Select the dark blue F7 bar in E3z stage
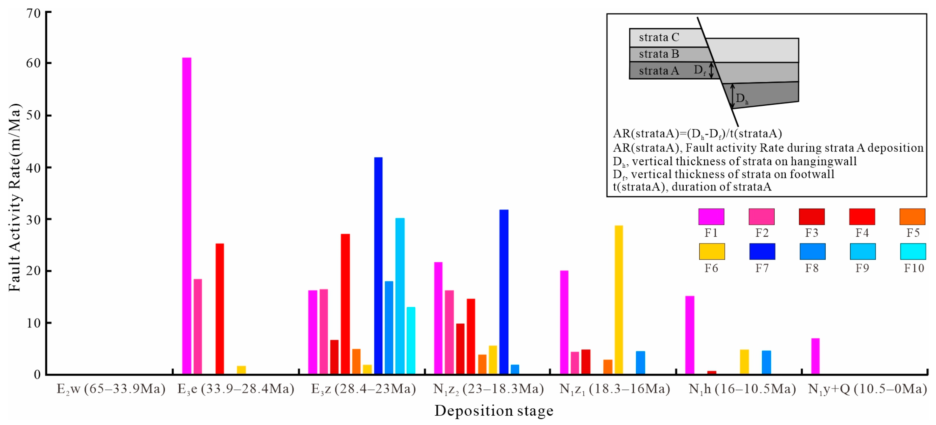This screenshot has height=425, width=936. click(378, 265)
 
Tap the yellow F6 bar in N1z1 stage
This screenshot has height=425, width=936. click(619, 300)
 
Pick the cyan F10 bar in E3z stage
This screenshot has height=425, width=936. click(411, 340)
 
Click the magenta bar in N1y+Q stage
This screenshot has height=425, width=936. click(815, 356)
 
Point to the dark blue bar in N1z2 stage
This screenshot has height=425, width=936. click(504, 292)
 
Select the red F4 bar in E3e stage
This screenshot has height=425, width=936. click(220, 309)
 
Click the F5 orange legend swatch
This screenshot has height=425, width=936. click(912, 217)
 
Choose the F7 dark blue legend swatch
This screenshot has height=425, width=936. click(762, 251)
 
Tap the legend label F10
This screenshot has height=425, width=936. click(914, 268)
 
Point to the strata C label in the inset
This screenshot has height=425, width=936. click(659, 37)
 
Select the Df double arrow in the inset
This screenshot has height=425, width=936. click(712, 70)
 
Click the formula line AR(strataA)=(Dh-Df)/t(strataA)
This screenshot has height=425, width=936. click(697, 134)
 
